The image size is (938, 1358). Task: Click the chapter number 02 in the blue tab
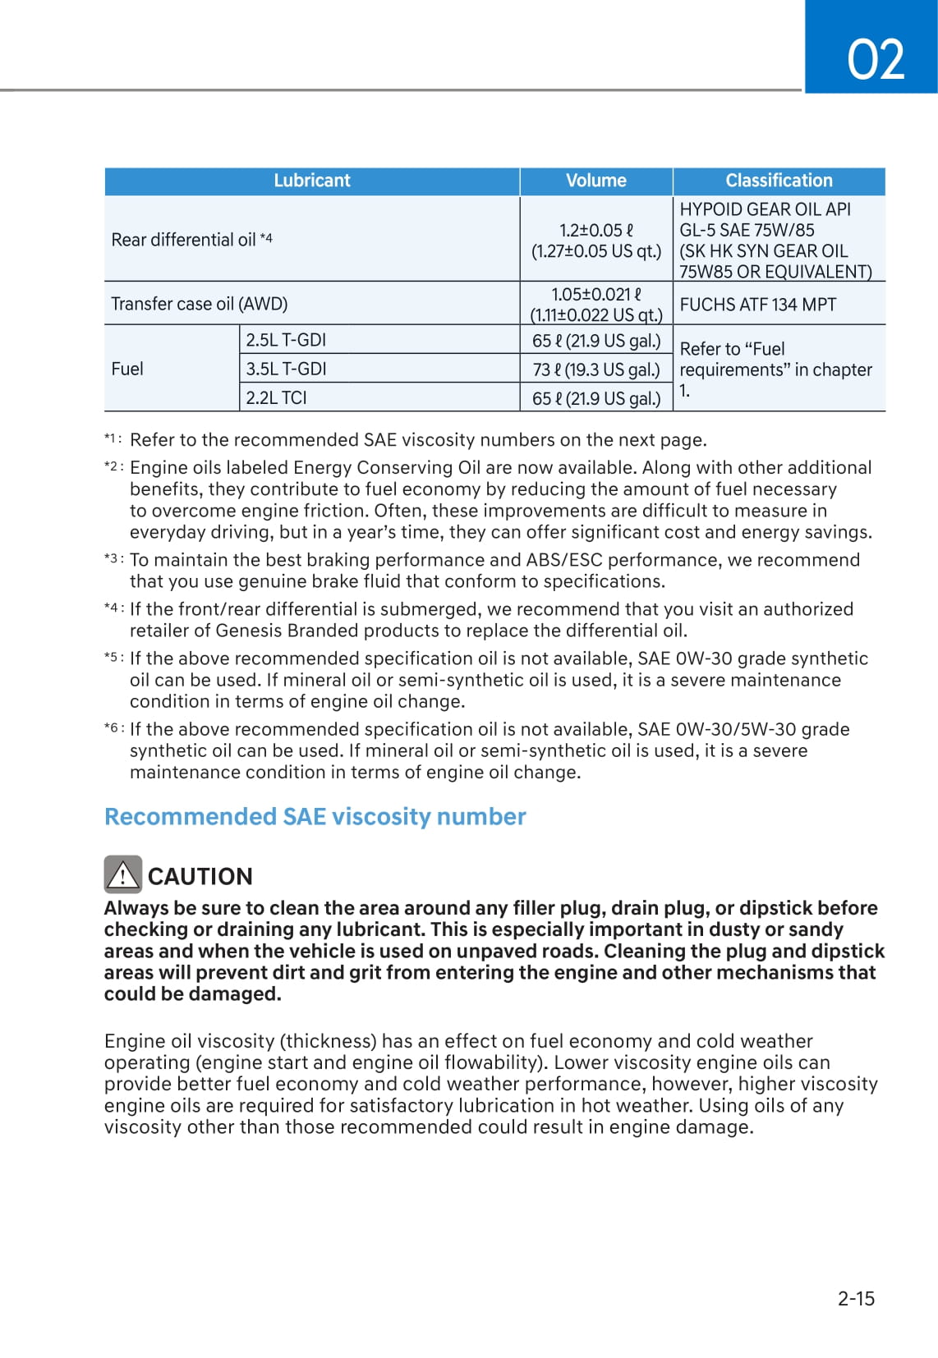tap(876, 59)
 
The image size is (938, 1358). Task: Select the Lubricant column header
tap(311, 181)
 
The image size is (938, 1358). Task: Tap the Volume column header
tap(595, 181)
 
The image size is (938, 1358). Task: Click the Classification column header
tap(779, 181)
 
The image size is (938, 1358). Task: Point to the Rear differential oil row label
tap(191, 240)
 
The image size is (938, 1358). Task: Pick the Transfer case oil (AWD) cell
tap(200, 304)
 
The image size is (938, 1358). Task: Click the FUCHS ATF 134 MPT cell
tap(757, 305)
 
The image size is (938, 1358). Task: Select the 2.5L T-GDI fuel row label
tap(286, 340)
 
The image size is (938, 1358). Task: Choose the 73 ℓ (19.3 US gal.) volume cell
tap(596, 369)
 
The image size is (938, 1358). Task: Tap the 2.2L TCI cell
tap(276, 397)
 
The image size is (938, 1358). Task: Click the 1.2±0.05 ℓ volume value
tap(596, 231)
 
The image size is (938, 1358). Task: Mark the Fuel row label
tap(127, 369)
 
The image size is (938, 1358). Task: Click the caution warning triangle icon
tap(122, 874)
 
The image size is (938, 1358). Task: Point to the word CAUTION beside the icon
tap(200, 877)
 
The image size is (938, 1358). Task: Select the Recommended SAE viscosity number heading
tap(315, 817)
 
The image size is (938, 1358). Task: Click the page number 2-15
tap(856, 1298)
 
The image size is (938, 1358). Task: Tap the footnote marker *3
tap(113, 559)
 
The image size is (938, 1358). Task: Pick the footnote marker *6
tap(113, 728)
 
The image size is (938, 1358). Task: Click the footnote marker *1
tap(113, 439)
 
